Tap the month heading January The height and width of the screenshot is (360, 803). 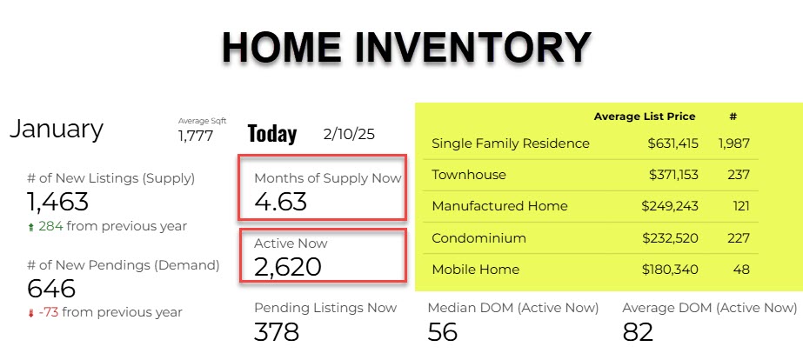tap(57, 130)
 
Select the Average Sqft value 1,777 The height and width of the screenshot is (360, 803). tap(196, 136)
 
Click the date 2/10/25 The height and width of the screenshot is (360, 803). tap(349, 134)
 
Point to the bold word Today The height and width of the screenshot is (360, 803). tap(272, 134)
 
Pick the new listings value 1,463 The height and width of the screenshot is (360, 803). tap(57, 201)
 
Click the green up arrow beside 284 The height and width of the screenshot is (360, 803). tap(31, 226)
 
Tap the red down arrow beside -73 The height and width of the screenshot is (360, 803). tap(31, 313)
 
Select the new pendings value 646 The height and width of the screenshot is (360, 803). tap(50, 289)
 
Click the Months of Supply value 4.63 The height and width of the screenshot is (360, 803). tap(281, 201)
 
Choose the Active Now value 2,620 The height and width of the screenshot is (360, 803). tap(288, 266)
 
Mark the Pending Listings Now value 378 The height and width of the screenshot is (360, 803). tap(277, 332)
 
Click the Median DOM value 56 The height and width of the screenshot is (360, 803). tap(443, 332)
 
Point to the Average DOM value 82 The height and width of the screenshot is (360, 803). tap(638, 332)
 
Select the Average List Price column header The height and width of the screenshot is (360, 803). tap(645, 117)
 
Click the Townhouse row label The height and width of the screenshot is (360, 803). tap(469, 175)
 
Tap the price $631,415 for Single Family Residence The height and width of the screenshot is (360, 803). tap(673, 143)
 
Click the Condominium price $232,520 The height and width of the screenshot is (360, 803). tap(671, 238)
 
